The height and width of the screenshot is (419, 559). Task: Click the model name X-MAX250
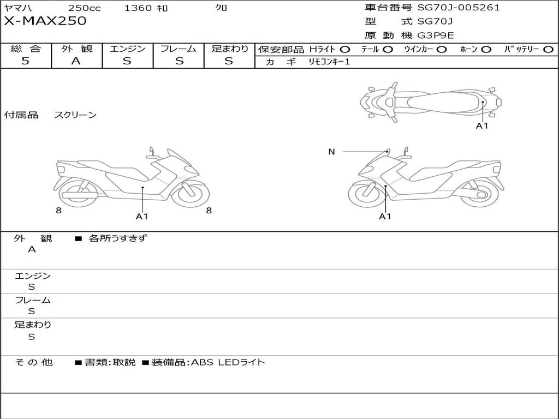(x=45, y=21)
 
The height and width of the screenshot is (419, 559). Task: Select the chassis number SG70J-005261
(x=459, y=8)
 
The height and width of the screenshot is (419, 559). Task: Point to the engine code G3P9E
(x=436, y=35)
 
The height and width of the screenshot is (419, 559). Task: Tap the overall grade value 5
(x=25, y=61)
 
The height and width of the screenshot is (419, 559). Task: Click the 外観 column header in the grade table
(x=76, y=49)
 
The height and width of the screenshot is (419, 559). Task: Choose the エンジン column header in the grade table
(x=127, y=49)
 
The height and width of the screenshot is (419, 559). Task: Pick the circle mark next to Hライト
(x=345, y=49)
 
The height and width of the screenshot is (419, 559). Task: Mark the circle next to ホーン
(x=486, y=49)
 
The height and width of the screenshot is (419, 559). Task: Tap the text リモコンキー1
(x=329, y=62)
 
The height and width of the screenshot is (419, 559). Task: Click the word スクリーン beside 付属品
(x=75, y=115)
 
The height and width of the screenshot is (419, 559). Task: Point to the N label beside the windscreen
(x=331, y=152)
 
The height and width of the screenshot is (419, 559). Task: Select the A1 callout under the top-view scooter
(x=482, y=126)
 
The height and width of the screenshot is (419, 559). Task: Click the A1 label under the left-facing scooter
(x=142, y=217)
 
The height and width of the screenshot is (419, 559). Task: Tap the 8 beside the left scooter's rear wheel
(x=58, y=211)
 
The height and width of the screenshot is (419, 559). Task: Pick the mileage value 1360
(x=139, y=8)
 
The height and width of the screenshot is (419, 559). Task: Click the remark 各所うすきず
(x=117, y=238)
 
